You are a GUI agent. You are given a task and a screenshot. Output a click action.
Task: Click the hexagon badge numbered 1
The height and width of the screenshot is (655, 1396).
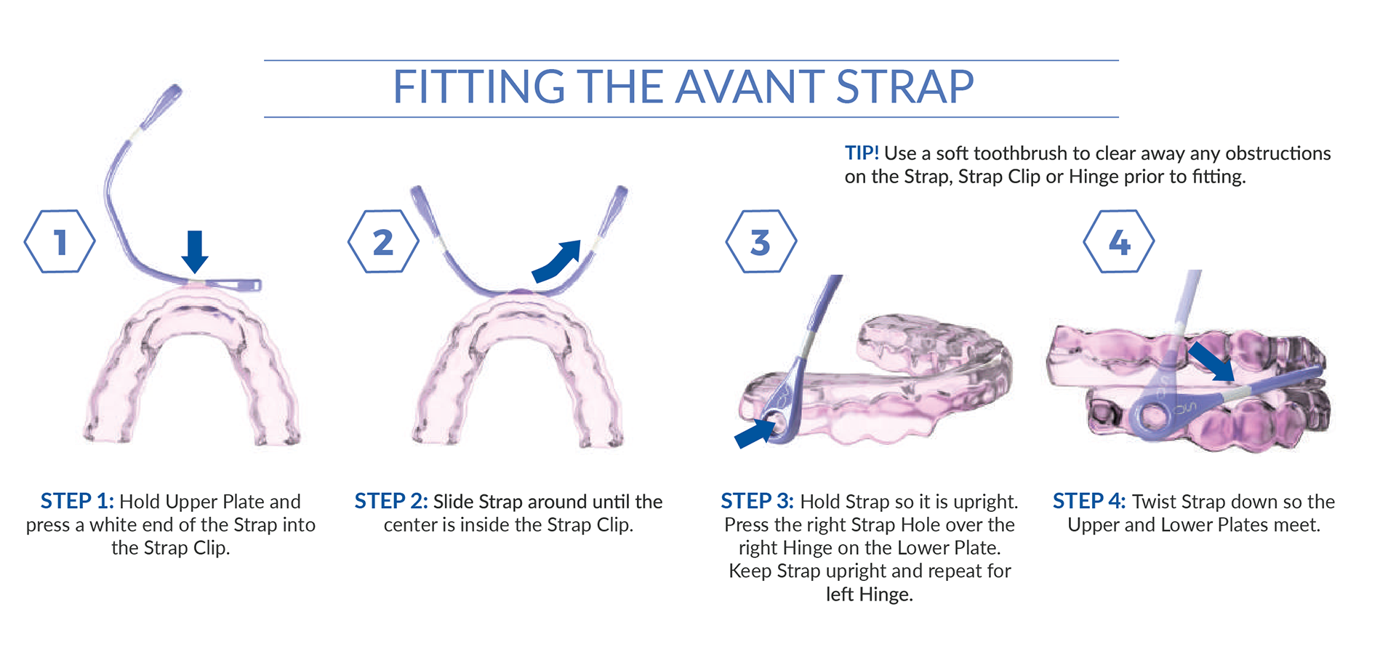(x=60, y=242)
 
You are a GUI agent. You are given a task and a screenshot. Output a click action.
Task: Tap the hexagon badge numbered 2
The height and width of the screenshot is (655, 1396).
(x=383, y=242)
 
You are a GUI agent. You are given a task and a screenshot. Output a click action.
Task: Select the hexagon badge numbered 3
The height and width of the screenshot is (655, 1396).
(x=761, y=242)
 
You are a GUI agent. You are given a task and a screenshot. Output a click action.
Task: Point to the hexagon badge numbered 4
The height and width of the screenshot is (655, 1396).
(x=1118, y=242)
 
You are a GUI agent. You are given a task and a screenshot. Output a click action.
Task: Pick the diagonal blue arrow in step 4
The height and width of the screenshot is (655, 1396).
(x=1211, y=362)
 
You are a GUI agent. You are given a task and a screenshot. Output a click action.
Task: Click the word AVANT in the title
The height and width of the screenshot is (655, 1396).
(x=750, y=87)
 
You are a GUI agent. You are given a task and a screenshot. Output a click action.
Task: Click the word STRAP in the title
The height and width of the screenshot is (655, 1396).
(x=904, y=87)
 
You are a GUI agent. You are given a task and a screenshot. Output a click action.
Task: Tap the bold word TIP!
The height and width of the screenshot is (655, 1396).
(x=862, y=153)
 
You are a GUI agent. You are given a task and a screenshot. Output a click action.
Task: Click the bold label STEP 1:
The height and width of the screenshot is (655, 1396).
(x=77, y=502)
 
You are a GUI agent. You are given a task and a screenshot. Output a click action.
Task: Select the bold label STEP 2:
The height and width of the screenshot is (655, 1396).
(x=391, y=502)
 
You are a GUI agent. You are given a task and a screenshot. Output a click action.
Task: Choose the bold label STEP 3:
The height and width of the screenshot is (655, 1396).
(x=757, y=502)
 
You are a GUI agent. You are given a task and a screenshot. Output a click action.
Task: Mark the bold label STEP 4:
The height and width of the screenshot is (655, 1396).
(x=1089, y=502)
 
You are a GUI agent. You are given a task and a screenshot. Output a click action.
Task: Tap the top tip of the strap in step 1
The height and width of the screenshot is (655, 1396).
(x=174, y=90)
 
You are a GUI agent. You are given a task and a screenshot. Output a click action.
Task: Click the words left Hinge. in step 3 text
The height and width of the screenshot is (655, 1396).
(x=869, y=595)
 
